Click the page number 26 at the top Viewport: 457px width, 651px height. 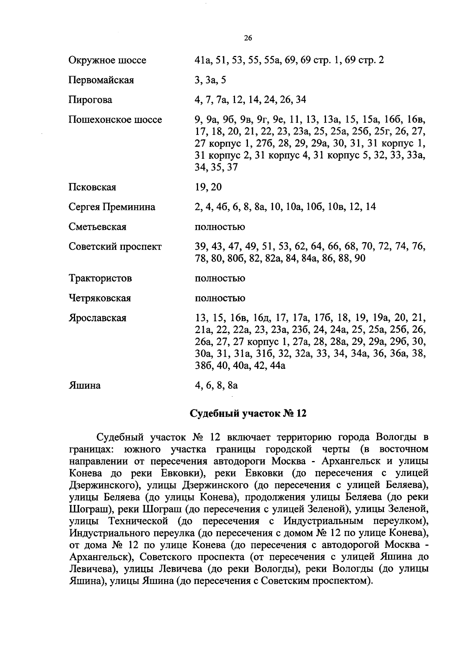(x=248, y=38)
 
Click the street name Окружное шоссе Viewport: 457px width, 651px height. (x=107, y=61)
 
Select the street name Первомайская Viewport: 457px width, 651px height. (x=101, y=80)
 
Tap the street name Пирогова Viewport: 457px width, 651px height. (x=90, y=100)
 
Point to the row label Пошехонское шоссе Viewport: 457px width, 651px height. (x=115, y=120)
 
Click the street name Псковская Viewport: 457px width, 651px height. (x=92, y=187)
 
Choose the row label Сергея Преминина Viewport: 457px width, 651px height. (x=112, y=207)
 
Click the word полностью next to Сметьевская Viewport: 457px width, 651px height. (x=220, y=227)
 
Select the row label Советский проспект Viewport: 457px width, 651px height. (x=115, y=247)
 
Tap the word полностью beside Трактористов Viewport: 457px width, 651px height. (x=220, y=278)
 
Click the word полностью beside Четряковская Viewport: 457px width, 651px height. (x=220, y=298)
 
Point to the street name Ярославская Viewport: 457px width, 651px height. (x=97, y=318)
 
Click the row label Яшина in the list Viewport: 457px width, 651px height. (x=85, y=386)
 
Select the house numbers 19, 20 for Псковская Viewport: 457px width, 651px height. (x=208, y=187)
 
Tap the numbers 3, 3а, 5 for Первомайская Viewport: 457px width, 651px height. (x=210, y=80)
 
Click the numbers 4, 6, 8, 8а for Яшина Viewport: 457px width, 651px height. (x=216, y=386)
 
